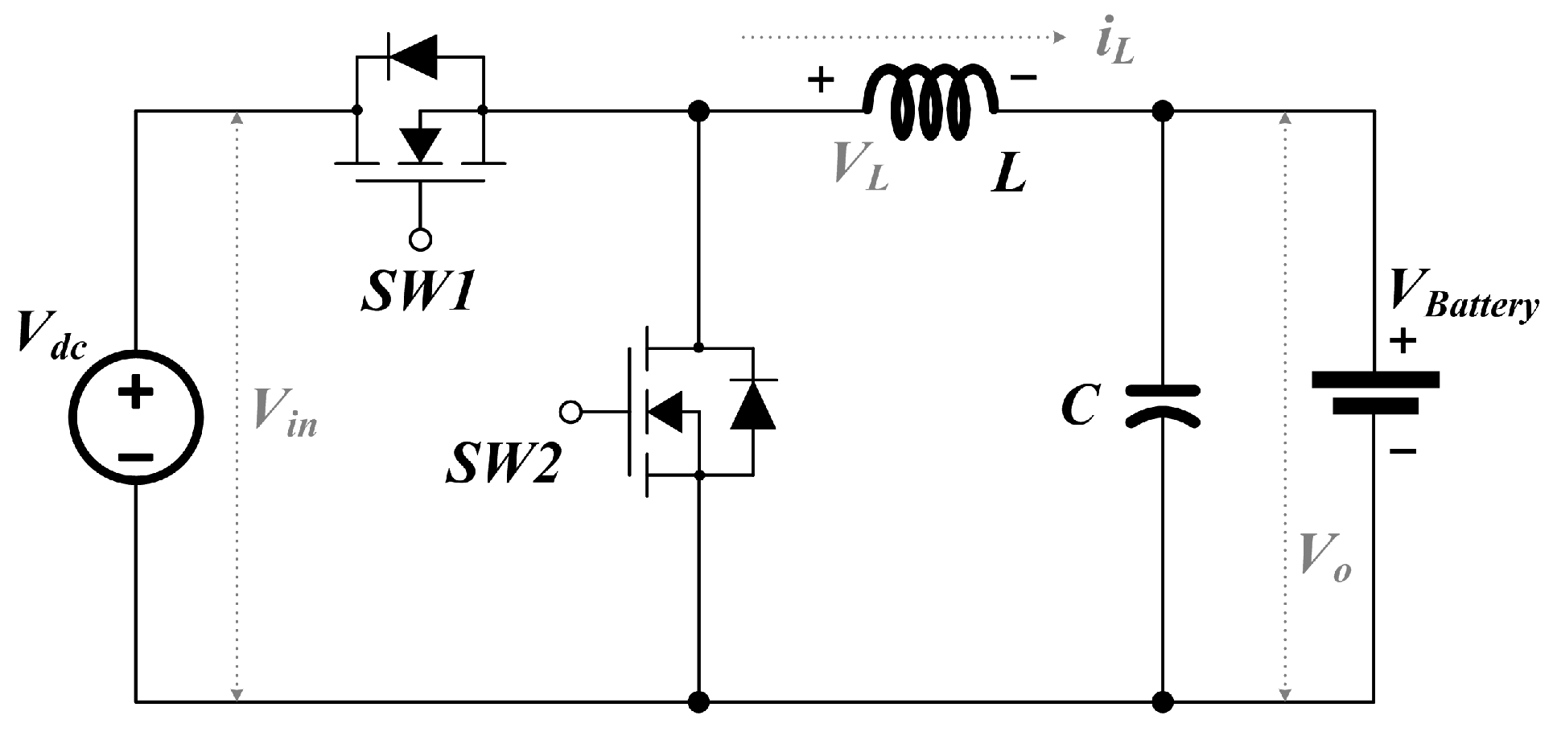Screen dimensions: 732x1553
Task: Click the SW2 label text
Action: (503, 464)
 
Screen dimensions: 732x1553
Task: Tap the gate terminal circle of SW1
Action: (420, 239)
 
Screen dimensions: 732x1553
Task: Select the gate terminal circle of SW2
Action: (571, 413)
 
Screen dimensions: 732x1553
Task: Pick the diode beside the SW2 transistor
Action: (753, 406)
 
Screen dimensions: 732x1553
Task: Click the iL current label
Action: (1114, 44)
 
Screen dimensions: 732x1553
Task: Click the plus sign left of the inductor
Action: (821, 80)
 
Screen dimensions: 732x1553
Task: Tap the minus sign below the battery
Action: (1403, 452)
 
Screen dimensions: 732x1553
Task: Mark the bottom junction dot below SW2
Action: (699, 702)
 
